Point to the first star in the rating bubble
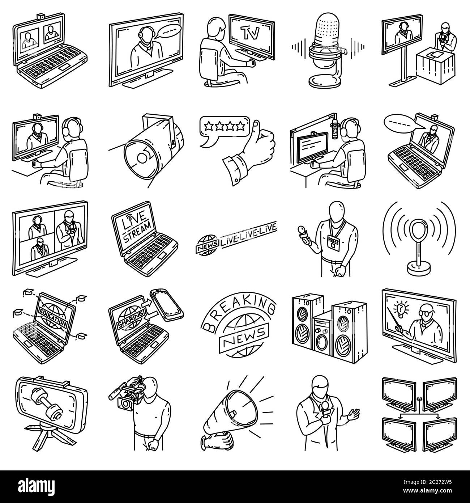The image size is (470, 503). coord(209,125)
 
